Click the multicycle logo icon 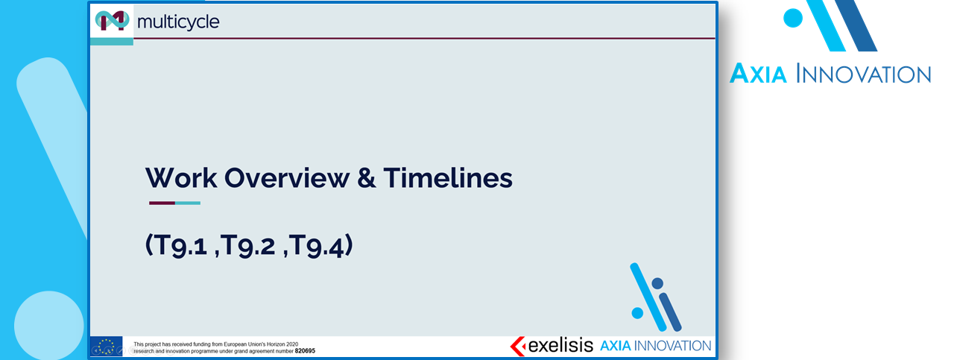112,20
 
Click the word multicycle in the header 178,22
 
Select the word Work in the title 181,177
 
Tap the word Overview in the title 287,177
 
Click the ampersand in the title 366,177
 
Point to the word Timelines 448,177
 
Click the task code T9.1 180,245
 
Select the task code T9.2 248,245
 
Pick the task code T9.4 317,245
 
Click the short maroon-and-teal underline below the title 174,203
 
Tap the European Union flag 106,346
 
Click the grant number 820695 305,351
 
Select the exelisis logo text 560,345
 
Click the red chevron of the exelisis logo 517,346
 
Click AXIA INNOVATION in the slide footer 656,346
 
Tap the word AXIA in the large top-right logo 758,73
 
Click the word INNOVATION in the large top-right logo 864,74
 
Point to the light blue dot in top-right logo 793,18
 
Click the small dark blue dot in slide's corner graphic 657,283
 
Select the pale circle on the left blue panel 49,326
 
